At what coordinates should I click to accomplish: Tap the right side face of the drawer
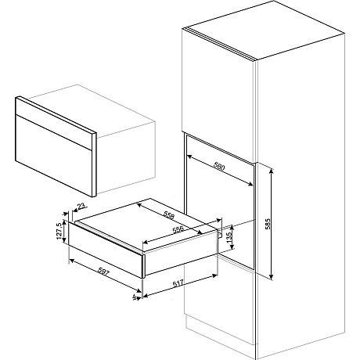[x=180, y=258]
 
